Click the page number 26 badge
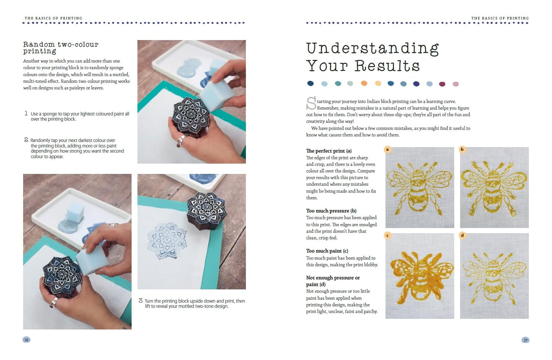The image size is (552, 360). point(26,340)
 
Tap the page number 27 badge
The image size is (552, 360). point(525,340)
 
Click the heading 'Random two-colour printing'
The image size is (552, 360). point(60,48)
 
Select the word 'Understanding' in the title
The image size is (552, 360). point(372,49)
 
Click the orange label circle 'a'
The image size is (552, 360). point(387,149)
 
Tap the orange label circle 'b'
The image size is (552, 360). point(462,149)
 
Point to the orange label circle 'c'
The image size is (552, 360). point(387,235)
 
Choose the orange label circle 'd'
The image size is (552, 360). point(462,235)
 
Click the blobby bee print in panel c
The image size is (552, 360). point(419,276)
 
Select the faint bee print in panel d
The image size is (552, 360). point(494,276)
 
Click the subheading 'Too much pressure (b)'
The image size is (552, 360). point(331,211)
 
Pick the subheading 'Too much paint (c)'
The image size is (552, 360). point(327,251)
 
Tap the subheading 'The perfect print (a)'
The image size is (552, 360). point(329,151)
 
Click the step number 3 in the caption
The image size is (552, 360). point(140,301)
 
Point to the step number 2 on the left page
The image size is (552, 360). point(26,140)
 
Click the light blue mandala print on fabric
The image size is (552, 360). point(167,241)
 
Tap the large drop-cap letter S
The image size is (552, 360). point(311,104)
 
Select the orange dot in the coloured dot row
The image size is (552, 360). point(364,84)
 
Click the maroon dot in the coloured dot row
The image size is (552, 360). point(442,84)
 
